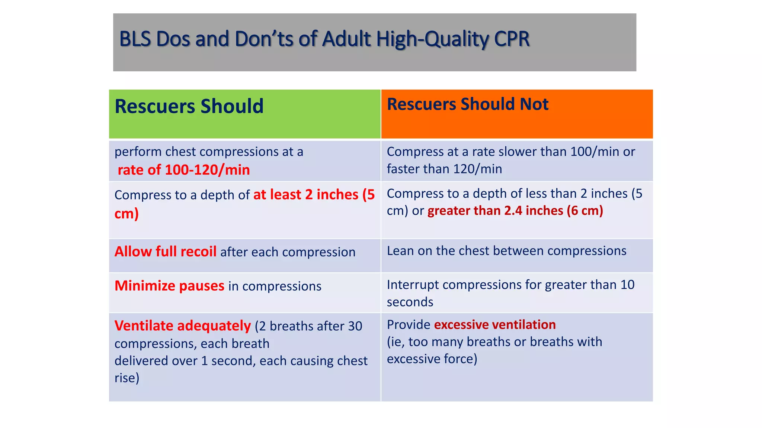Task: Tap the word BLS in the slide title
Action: click(135, 39)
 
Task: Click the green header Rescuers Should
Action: click(189, 106)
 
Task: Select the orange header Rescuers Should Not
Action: click(467, 104)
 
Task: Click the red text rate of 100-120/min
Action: click(183, 170)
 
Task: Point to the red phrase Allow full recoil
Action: click(165, 252)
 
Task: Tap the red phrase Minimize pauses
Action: click(169, 286)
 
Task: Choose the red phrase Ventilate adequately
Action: click(182, 326)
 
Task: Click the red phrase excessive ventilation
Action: click(494, 325)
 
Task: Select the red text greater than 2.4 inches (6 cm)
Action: click(515, 211)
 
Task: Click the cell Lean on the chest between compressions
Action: click(506, 251)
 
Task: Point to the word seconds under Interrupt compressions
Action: click(410, 302)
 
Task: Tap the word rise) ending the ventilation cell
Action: click(127, 378)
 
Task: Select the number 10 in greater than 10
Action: click(627, 285)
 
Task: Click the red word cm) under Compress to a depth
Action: click(127, 214)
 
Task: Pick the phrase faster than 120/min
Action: click(444, 169)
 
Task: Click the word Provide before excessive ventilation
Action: click(408, 325)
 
